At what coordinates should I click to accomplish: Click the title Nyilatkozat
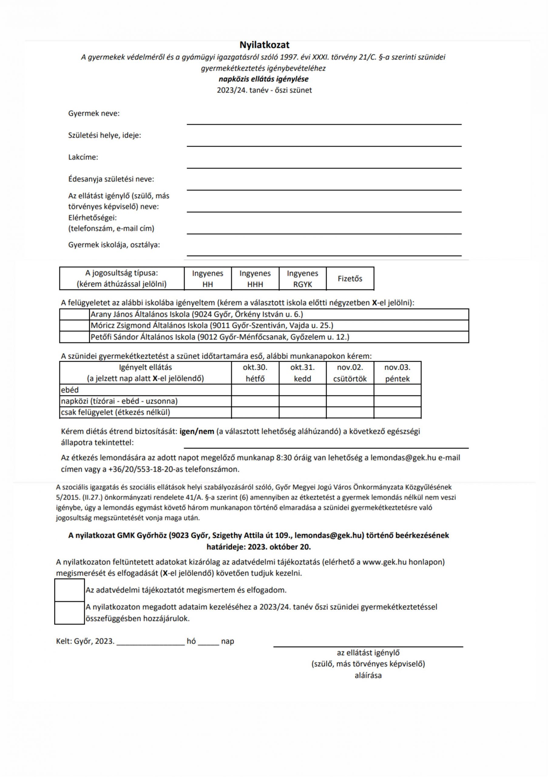click(264, 45)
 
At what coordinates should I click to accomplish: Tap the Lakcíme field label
click(83, 157)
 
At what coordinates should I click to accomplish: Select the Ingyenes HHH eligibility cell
click(255, 279)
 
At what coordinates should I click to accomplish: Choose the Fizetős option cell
click(350, 279)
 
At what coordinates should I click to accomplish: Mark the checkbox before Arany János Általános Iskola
click(74, 314)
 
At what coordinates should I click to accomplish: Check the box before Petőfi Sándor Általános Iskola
click(74, 337)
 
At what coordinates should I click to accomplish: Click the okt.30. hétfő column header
click(255, 373)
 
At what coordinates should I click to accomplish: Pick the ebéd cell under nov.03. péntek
click(397, 390)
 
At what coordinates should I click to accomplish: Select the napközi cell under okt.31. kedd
click(303, 401)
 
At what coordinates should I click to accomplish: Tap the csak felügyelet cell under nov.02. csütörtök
click(350, 412)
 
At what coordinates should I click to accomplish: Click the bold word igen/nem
click(198, 432)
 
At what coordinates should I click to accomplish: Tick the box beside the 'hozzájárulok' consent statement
click(69, 612)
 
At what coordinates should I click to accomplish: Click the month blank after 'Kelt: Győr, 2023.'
click(151, 642)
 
